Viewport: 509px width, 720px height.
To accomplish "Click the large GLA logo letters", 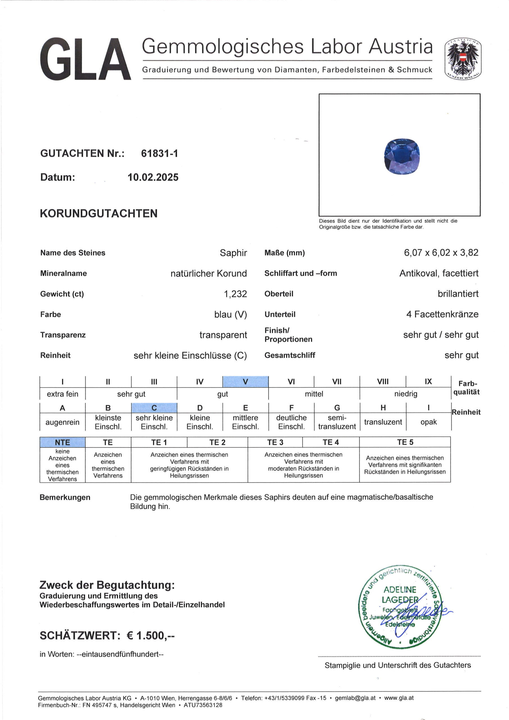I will click(x=85, y=59).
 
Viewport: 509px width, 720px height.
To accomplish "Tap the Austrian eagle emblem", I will click(x=463, y=59).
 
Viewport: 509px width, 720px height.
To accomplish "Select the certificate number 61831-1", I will click(x=159, y=153).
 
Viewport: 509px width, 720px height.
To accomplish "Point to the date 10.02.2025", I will click(x=153, y=177).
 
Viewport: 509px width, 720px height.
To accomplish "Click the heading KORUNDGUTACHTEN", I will click(x=98, y=213).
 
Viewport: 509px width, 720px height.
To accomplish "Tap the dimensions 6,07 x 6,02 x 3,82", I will click(x=441, y=253).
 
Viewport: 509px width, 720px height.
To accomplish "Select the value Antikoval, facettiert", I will click(x=439, y=273).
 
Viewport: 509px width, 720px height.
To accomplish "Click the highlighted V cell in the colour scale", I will click(x=245, y=382).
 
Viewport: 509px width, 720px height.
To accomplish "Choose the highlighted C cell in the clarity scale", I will click(x=154, y=408).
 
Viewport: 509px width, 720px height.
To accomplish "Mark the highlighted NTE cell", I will click(x=62, y=442).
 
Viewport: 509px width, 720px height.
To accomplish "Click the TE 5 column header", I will click(x=405, y=442).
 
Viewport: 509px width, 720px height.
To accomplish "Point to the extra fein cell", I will click(x=62, y=394).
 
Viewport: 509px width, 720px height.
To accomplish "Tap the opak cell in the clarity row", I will click(x=428, y=422).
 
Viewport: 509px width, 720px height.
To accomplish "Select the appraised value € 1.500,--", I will click(x=150, y=636).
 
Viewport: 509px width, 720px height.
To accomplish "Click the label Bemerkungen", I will click(x=65, y=497).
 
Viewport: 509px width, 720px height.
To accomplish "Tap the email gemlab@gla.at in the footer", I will click(x=355, y=698).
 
